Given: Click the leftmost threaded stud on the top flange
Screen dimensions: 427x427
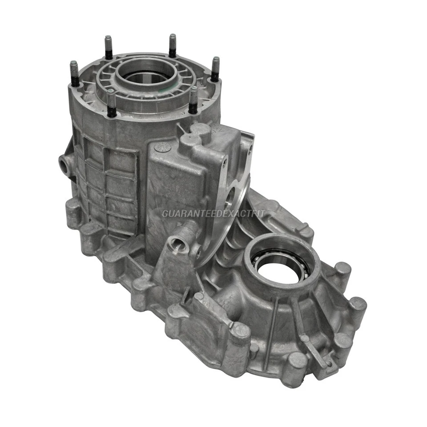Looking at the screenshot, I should [x=74, y=74].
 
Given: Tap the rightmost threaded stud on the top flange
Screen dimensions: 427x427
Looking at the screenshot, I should [x=215, y=69].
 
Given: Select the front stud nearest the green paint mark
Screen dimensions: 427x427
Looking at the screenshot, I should [x=193, y=100].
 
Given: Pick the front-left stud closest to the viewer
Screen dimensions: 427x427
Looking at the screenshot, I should [x=112, y=103].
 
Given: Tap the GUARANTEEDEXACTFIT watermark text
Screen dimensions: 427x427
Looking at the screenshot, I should [x=213, y=214].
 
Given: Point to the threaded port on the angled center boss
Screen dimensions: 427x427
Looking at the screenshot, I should [x=179, y=243].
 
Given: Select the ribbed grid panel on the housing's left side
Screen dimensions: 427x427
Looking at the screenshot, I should [x=107, y=182].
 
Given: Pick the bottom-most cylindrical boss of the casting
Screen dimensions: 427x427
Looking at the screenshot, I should [x=296, y=363].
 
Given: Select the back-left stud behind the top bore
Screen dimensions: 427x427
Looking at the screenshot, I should [x=108, y=47].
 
